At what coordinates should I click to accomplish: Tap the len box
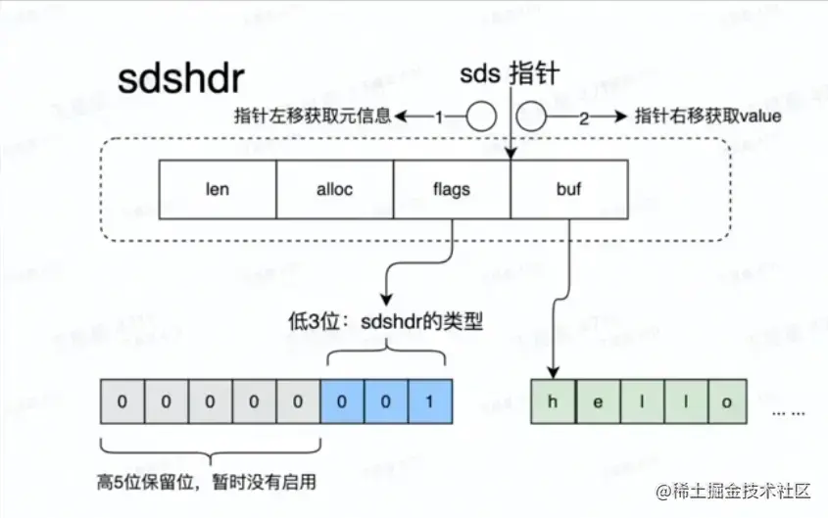pos(218,189)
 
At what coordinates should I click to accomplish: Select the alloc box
pos(335,189)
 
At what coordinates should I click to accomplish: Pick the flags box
pos(452,189)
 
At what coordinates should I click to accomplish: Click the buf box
pos(568,189)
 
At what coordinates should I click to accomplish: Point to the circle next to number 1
pos(480,118)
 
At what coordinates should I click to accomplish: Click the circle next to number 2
pos(530,118)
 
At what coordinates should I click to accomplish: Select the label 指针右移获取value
pos(707,116)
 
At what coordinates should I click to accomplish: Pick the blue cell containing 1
pos(429,402)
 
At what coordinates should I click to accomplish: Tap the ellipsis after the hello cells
pos(789,411)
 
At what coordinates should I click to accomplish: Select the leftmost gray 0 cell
pos(122,402)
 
